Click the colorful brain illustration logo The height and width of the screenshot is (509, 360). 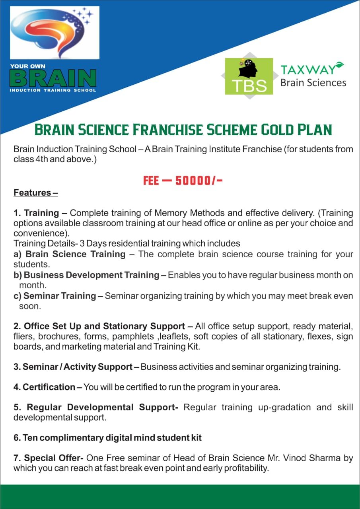click(x=54, y=33)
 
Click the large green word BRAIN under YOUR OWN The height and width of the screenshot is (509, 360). click(x=53, y=78)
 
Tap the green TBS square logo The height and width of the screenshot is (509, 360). click(x=249, y=76)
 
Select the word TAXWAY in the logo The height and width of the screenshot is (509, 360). click(x=308, y=70)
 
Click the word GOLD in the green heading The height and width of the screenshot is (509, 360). click(x=277, y=130)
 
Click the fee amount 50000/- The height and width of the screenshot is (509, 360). click(x=199, y=181)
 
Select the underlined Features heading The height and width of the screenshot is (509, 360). click(x=36, y=193)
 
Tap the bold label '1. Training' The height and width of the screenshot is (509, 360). click(x=36, y=213)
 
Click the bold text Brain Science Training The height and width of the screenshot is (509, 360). click(x=76, y=254)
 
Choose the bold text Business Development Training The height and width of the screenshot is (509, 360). click(x=91, y=275)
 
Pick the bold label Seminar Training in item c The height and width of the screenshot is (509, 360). click(x=60, y=296)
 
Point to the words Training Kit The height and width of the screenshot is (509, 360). click(x=177, y=347)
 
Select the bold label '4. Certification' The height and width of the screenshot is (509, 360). click(x=44, y=387)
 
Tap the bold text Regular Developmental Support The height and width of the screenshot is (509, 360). click(x=103, y=408)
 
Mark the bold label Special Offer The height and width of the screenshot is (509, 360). click(x=54, y=458)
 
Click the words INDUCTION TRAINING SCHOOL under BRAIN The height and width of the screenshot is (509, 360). click(x=53, y=90)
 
